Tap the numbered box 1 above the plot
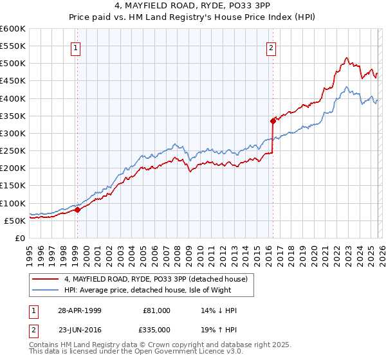77,48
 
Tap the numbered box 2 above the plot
271,48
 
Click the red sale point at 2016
273,120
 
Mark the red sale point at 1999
77,209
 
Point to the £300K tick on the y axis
13,133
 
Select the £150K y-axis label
13,186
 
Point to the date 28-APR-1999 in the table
80,310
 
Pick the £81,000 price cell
156,310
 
